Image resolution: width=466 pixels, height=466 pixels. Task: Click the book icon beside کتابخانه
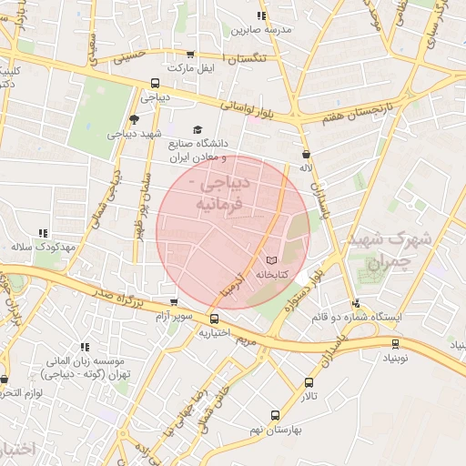coord(269,261)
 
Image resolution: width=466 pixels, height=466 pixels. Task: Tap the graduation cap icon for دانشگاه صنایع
coord(198,130)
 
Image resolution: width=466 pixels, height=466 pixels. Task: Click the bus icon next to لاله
coord(305,154)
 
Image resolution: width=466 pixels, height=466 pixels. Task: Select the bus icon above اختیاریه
coord(214,319)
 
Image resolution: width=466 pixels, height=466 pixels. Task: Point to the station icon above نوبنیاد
coord(395,343)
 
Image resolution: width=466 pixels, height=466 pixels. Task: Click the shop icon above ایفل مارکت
coord(189,54)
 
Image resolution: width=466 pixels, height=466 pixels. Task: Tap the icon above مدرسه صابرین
coord(261,15)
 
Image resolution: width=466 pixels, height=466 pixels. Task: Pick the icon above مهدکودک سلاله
coord(42,233)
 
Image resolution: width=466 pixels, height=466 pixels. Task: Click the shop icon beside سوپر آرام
coord(174,302)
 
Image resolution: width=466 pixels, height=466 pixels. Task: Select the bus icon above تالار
coord(309,383)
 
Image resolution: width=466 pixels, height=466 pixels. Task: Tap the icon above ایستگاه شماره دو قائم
coord(355,303)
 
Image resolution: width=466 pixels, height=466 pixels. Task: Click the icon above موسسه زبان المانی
coord(85,347)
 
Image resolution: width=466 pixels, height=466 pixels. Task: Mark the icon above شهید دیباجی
coord(135,119)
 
